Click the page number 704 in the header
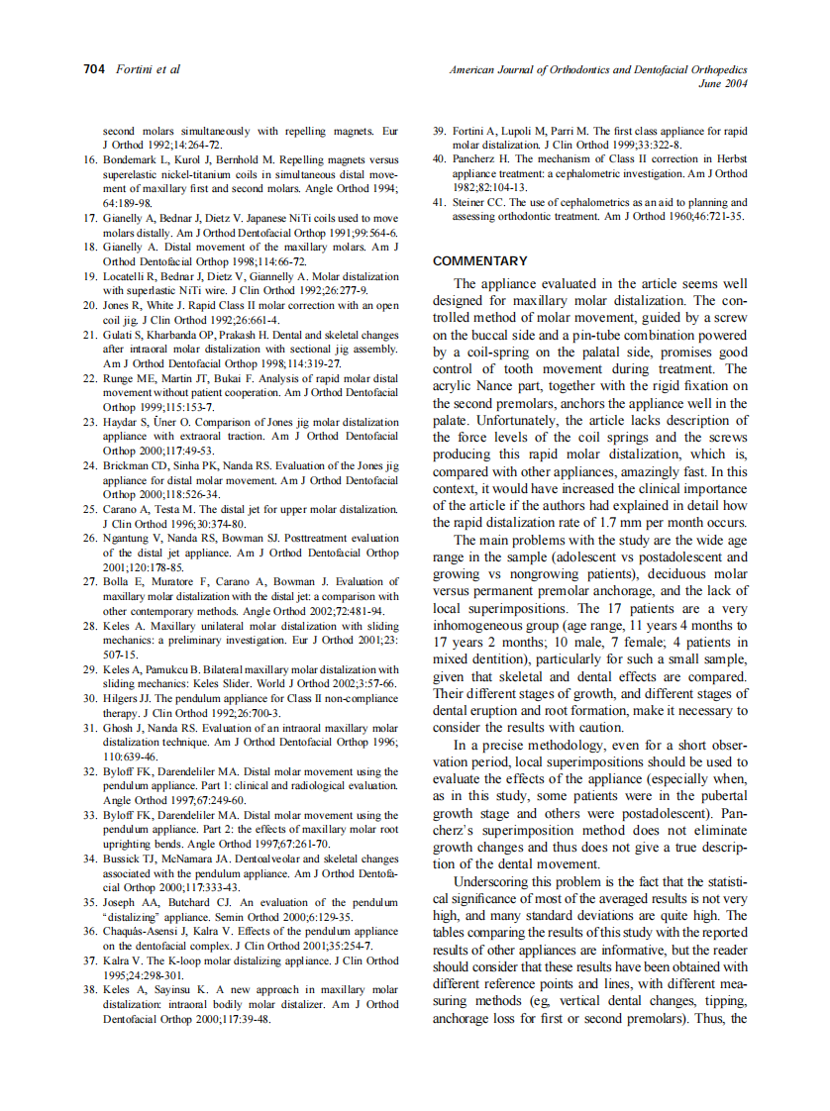coord(93,69)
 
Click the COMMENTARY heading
coord(480,261)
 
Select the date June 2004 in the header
coord(722,84)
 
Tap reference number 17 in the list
coord(89,218)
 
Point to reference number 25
coord(89,510)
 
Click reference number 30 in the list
coord(89,698)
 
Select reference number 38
coord(89,989)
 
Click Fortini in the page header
coord(132,69)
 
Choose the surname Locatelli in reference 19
coord(127,276)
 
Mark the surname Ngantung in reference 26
coord(130,539)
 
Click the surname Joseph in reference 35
coord(119,902)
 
